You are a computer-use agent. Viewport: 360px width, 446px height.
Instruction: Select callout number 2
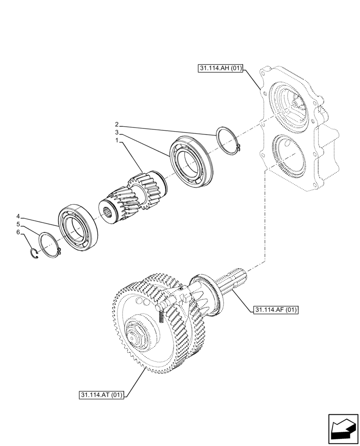[116, 124]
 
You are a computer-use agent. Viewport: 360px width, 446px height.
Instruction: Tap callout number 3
[116, 132]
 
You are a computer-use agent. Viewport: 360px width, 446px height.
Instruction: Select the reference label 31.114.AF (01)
[276, 309]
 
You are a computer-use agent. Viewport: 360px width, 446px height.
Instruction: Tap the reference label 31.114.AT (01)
[102, 395]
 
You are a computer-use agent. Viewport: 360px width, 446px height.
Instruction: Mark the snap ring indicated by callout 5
[50, 245]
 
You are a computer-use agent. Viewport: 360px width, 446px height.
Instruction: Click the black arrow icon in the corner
[343, 429]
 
